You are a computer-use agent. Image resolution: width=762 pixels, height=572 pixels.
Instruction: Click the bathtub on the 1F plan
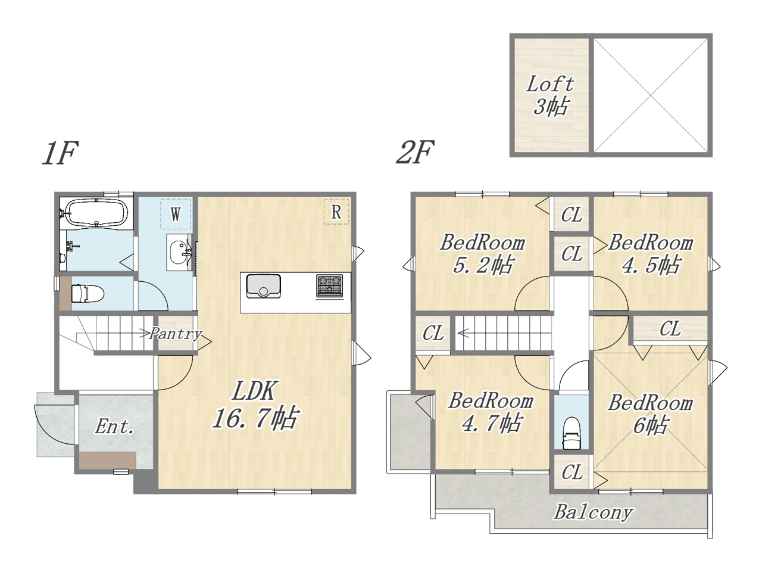(96, 213)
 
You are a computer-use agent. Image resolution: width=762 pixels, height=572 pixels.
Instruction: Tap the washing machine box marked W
(176, 213)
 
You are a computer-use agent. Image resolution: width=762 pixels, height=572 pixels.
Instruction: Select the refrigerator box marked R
(336, 212)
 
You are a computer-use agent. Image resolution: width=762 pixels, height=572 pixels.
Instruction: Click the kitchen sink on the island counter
(264, 286)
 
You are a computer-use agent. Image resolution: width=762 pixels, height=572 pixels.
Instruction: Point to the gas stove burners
(329, 286)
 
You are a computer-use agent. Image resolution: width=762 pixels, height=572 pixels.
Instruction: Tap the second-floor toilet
(571, 432)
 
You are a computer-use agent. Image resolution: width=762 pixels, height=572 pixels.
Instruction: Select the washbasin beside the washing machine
(179, 252)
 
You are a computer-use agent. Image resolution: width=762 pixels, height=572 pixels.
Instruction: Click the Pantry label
(176, 334)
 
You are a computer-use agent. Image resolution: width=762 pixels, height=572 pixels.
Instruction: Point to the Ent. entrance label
(114, 427)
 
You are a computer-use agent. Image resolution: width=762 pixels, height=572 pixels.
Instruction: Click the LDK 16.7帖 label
(255, 405)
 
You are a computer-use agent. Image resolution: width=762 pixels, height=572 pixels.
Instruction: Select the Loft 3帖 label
(550, 95)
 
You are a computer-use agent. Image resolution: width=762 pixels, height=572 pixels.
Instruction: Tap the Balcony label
(594, 512)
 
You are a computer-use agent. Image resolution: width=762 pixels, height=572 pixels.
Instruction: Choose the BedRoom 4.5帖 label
(651, 254)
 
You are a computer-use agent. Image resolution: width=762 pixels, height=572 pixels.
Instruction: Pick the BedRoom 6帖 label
(650, 414)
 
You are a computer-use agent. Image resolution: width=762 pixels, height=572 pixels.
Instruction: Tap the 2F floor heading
(415, 152)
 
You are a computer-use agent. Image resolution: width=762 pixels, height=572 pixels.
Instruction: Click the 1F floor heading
(60, 153)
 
